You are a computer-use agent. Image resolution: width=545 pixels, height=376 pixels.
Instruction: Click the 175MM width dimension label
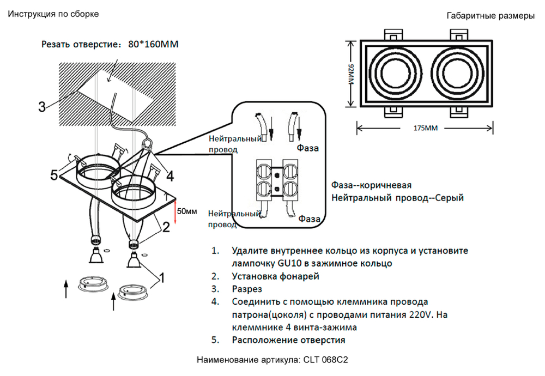tap(426, 129)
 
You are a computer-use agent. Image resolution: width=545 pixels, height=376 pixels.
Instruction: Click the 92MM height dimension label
tap(351, 74)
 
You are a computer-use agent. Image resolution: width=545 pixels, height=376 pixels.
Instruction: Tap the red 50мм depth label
tap(187, 211)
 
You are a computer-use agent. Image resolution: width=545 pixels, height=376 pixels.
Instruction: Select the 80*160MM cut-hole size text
tap(152, 44)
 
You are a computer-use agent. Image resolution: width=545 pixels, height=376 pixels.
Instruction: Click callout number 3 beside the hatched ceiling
tap(42, 106)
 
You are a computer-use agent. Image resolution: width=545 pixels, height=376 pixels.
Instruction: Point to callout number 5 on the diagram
tap(54, 175)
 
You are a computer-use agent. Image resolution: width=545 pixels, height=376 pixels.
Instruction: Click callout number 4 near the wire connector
tap(170, 176)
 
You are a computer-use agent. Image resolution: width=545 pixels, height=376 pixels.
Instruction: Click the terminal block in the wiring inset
tap(278, 179)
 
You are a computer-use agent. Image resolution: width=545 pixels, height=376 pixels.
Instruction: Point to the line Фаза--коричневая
tap(371, 185)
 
